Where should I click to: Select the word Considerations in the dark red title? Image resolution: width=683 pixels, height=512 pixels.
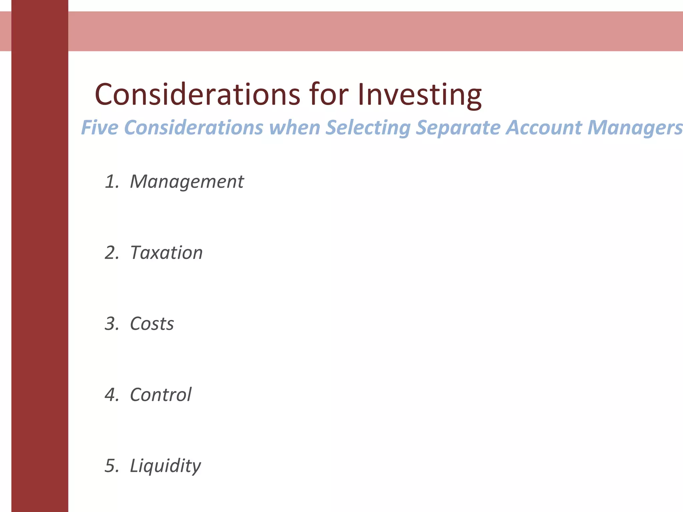[x=197, y=95]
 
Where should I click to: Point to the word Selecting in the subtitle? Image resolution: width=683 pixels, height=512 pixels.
[x=368, y=128]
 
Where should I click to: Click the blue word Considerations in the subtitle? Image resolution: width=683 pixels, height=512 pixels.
[x=193, y=128]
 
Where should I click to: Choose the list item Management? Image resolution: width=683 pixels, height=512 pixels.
[x=187, y=182]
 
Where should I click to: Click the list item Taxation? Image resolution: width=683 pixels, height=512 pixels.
[x=166, y=253]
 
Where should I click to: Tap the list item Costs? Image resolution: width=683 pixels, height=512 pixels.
[x=152, y=324]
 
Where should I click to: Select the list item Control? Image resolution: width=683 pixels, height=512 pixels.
[x=161, y=395]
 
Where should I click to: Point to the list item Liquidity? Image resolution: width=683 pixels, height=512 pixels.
[x=165, y=466]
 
